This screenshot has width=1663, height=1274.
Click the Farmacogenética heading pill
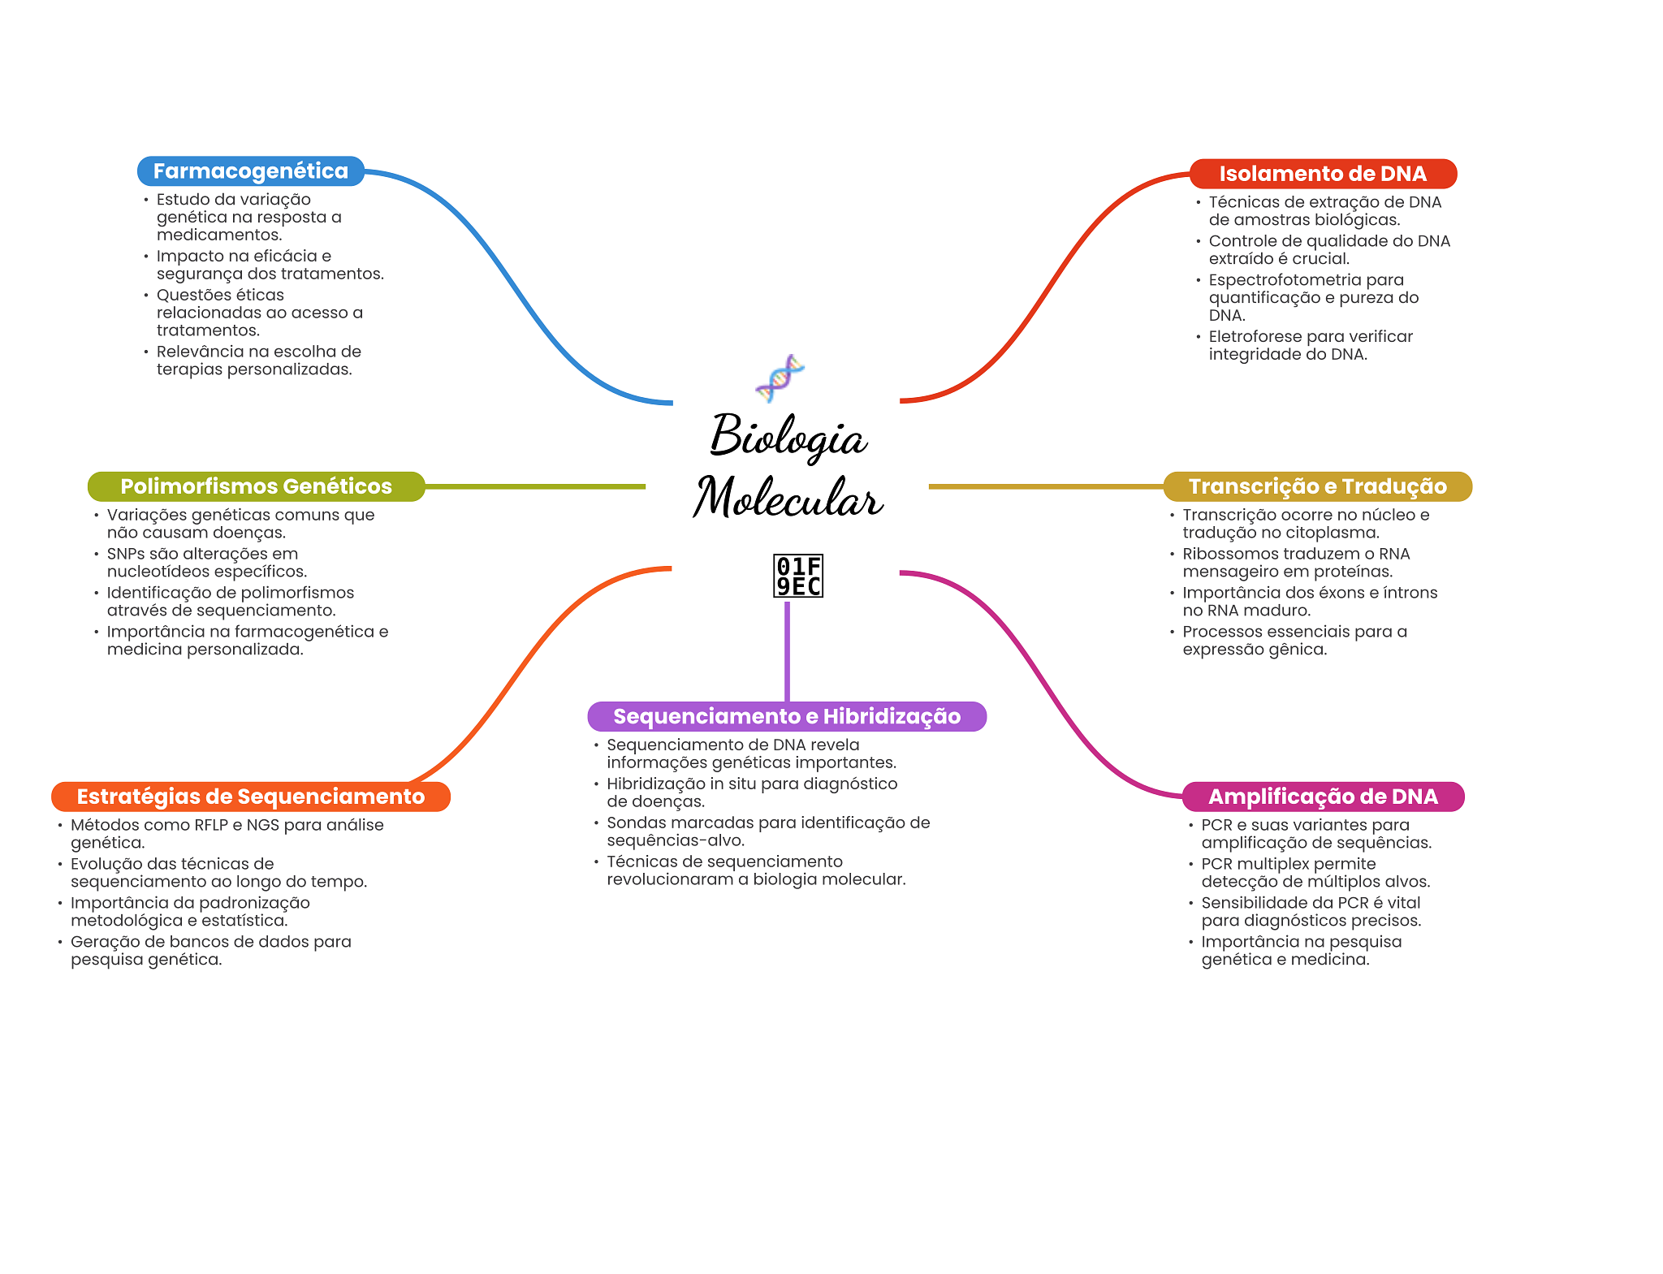[250, 171]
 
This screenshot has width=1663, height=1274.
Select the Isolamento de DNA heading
[1322, 174]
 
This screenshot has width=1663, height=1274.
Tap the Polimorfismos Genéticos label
[256, 486]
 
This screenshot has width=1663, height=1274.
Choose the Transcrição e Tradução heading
[1317, 486]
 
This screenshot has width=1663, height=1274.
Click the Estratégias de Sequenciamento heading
[250, 797]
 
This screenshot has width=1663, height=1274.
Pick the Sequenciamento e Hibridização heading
[786, 716]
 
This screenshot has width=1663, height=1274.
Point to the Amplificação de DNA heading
[1323, 797]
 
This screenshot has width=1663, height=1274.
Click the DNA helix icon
[780, 378]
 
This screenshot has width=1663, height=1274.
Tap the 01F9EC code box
[797, 576]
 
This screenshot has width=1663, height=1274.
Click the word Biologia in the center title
[788, 437]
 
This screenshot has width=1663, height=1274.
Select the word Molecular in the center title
[788, 498]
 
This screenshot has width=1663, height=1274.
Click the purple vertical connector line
[787, 650]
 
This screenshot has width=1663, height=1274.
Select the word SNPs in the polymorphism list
[125, 554]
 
